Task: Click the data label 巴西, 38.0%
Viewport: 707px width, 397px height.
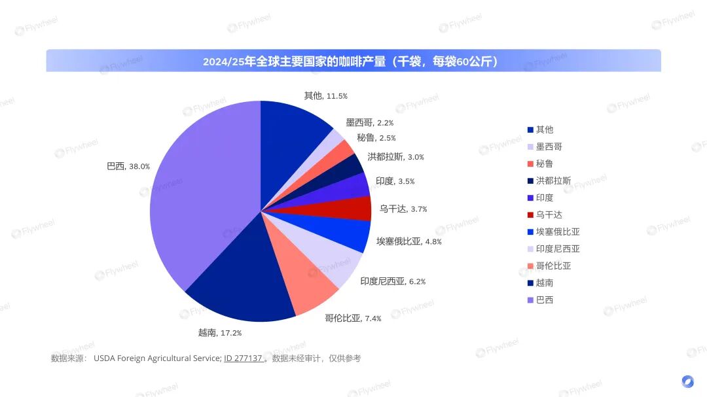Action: pyautogui.click(x=128, y=166)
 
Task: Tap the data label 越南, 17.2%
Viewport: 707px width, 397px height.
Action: pyautogui.click(x=220, y=333)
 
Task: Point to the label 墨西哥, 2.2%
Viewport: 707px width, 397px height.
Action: pyautogui.click(x=369, y=122)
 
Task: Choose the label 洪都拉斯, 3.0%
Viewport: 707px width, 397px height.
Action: pyautogui.click(x=395, y=157)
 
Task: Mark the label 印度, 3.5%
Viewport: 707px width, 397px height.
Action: pyautogui.click(x=395, y=181)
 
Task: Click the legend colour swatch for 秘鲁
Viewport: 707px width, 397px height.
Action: pyautogui.click(x=530, y=164)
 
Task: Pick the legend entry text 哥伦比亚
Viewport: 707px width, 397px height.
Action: pyautogui.click(x=553, y=266)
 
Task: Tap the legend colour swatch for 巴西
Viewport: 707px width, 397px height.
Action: pyautogui.click(x=530, y=300)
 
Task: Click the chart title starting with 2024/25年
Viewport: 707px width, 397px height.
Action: pyautogui.click(x=353, y=61)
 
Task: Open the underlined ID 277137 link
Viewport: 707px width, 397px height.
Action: pyautogui.click(x=244, y=358)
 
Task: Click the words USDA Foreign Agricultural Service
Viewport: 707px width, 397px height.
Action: pyautogui.click(x=157, y=358)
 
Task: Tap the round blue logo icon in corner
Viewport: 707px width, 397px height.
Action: pyautogui.click(x=687, y=381)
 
